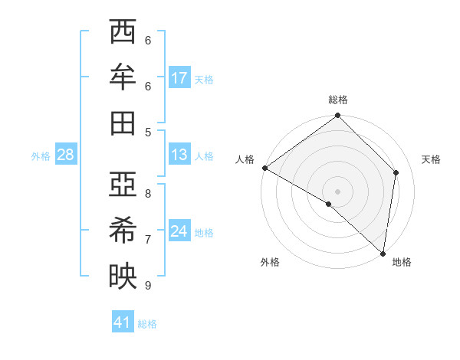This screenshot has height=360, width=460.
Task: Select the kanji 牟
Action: point(123,77)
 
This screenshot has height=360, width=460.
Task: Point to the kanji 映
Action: point(123,276)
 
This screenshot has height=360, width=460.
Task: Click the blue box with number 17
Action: point(179,78)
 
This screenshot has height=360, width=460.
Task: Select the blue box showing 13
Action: point(179,155)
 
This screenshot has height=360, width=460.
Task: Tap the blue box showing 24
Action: point(179,231)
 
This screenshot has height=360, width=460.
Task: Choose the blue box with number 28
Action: point(66,155)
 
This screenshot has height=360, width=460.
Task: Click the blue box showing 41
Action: point(123,322)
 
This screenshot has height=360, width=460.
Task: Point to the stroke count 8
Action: point(148,193)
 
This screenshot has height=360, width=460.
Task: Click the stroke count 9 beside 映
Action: point(148,285)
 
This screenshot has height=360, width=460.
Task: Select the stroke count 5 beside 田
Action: point(148,132)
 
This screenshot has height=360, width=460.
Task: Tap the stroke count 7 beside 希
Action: point(148,239)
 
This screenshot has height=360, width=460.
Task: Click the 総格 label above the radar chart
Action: point(338,100)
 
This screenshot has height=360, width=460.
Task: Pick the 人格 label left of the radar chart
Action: point(245,159)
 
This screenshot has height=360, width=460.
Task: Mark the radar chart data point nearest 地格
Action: point(383,254)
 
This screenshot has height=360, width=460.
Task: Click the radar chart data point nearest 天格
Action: point(396,172)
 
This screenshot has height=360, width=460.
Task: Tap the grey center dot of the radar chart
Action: point(338,191)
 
